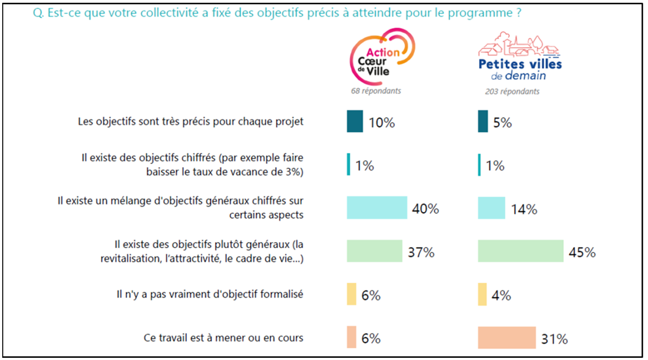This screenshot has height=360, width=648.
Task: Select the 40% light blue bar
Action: (377, 208)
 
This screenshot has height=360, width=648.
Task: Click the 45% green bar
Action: (520, 251)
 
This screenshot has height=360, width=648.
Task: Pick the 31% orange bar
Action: (506, 338)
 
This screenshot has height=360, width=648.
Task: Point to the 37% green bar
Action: (374, 251)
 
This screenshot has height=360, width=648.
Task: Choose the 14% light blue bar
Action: (491, 208)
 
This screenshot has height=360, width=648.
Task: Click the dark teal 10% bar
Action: (354, 121)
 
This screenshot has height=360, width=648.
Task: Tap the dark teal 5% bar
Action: (482, 121)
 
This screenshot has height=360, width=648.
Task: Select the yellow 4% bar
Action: (482, 294)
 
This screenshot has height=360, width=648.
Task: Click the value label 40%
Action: (425, 209)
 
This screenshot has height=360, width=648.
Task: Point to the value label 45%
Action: (582, 253)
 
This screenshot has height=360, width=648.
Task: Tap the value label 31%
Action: (554, 339)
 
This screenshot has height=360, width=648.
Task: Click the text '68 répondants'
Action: (376, 91)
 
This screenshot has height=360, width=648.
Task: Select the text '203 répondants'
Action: (512, 91)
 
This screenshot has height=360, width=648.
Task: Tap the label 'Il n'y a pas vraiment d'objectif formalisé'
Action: (210, 294)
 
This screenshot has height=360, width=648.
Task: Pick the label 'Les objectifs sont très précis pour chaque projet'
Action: (191, 121)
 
